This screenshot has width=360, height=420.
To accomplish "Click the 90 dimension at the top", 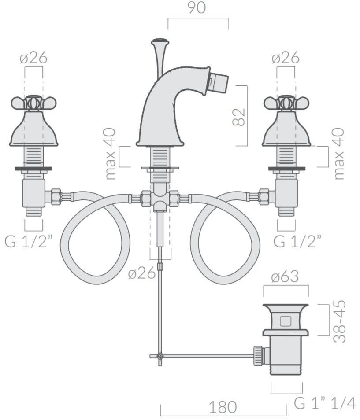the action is tap(197, 8).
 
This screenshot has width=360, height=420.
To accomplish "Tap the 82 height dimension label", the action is tap(238, 117).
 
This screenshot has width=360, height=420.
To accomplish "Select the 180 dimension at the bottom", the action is tap(223, 407).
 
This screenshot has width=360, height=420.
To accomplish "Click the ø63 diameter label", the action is tap(285, 276).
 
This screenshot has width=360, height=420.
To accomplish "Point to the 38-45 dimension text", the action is tap(340, 321).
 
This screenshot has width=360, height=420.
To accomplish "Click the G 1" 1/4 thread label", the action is tap(325, 403).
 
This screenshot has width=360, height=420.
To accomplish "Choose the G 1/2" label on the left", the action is tap(28, 241).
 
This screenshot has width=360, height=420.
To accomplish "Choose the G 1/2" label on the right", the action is tap(297, 241).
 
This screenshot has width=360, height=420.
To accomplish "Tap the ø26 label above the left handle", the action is tap(33, 58).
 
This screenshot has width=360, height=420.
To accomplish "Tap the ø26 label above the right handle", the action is tap(285, 58).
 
